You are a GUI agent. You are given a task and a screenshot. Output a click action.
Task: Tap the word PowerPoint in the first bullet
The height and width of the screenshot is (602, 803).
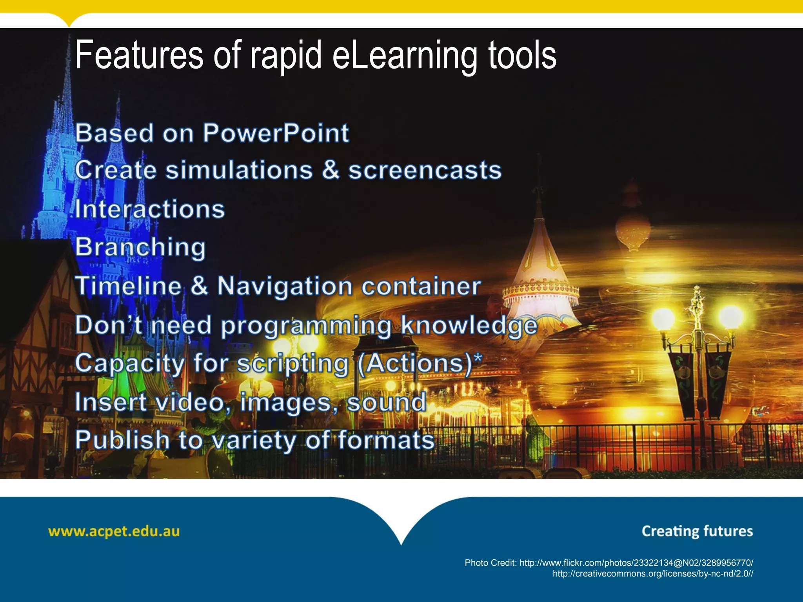[276, 133]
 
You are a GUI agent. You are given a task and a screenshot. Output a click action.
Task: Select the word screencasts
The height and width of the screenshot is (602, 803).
[425, 170]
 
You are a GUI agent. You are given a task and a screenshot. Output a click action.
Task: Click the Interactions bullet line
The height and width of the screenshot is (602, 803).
[150, 209]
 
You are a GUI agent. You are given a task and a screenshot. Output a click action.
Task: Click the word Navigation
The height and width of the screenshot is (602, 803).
[285, 286]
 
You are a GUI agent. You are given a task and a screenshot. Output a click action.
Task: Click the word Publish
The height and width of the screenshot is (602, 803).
[122, 440]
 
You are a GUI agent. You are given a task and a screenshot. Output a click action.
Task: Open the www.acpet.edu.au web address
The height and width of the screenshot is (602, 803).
[114, 532]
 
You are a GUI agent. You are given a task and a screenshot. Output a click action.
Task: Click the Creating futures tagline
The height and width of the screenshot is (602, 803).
[697, 531]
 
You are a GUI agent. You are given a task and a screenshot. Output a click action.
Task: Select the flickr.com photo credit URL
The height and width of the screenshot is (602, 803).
[636, 563]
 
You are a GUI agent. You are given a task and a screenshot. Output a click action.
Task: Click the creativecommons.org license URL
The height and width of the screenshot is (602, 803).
[652, 574]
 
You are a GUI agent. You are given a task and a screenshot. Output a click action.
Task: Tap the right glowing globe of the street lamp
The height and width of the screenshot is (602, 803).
[731, 317]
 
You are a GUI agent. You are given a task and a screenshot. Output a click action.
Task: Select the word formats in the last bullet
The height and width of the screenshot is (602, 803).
[386, 440]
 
